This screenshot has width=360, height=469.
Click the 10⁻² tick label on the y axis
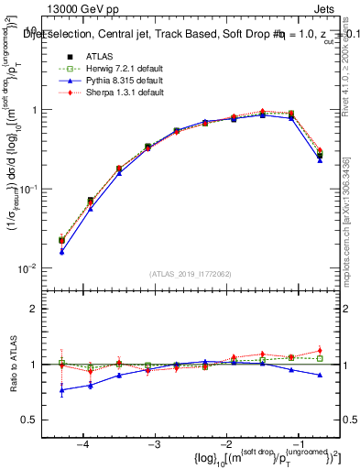click(30, 268)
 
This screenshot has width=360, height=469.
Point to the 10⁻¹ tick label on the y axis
click(30, 189)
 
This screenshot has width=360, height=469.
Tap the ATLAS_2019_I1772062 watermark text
click(191, 274)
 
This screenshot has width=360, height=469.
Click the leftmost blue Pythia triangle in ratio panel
click(61, 389)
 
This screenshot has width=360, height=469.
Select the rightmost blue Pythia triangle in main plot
click(320, 159)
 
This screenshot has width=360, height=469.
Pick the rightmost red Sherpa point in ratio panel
click(320, 350)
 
